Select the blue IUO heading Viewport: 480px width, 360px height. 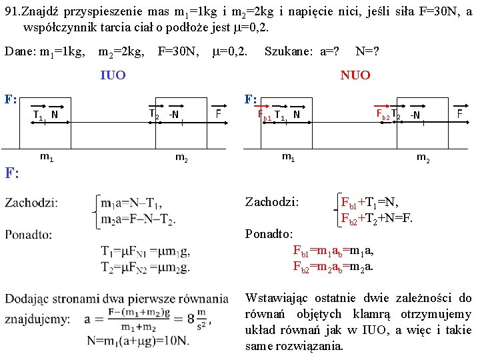click(x=112, y=75)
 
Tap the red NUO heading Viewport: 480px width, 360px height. click(x=355, y=75)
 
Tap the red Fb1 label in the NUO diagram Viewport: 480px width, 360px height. click(x=265, y=114)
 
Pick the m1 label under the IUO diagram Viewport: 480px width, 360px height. click(x=47, y=157)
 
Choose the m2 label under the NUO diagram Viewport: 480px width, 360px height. click(x=423, y=157)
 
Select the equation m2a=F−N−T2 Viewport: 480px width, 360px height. click(x=139, y=220)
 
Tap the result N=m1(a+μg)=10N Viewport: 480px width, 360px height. click(x=137, y=340)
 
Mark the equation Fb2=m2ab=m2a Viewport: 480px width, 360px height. click(x=333, y=267)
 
